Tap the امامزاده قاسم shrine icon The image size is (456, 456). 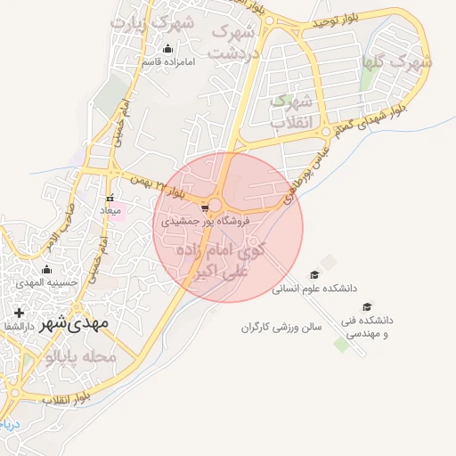tap(167, 49)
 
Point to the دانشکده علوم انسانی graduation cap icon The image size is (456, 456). tap(313, 275)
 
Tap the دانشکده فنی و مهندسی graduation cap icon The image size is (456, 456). tap(367, 306)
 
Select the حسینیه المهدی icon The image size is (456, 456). tap(46, 270)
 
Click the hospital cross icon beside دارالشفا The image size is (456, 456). tap(19, 313)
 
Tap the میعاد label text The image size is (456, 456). tap(109, 210)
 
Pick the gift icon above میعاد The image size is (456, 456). tap(110, 199)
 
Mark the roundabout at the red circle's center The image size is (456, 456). tap(217, 204)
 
